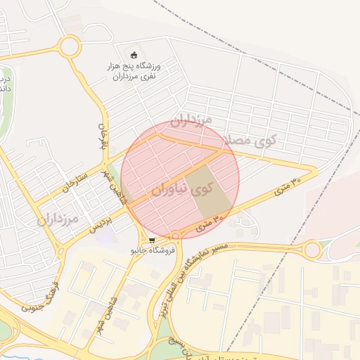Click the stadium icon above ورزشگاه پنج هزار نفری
coord(134,55)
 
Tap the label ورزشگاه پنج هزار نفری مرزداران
coord(135,70)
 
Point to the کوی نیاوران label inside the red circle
coord(181,188)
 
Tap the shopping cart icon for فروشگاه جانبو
coord(152,240)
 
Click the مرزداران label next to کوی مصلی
coord(191,122)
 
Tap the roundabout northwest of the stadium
coord(70,47)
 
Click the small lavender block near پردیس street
coord(105,236)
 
